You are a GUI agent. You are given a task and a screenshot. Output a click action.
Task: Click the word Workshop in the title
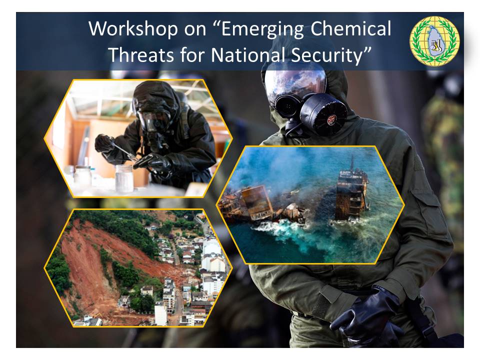133,29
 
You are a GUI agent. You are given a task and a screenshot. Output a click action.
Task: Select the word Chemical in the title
351,29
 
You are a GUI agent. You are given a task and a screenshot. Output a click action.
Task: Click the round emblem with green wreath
434,41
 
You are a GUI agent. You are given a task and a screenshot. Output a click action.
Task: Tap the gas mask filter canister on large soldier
324,114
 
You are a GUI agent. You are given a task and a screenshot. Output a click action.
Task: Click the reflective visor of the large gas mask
295,82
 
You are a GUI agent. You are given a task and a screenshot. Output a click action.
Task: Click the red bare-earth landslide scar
98,269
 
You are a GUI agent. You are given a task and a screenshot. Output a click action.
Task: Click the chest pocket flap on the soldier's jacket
426,196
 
